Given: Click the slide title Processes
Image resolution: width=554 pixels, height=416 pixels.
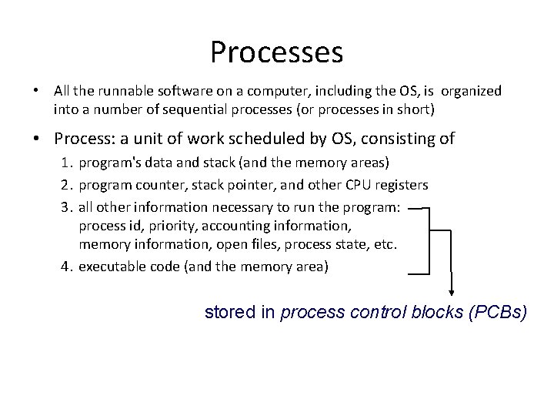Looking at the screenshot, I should tap(276, 52).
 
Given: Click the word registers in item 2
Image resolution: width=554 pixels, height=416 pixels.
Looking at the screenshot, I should tap(402, 185).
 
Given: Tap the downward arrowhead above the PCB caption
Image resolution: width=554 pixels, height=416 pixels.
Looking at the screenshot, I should tap(452, 290).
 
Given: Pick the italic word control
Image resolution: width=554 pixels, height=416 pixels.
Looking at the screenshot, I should tap(375, 314).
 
